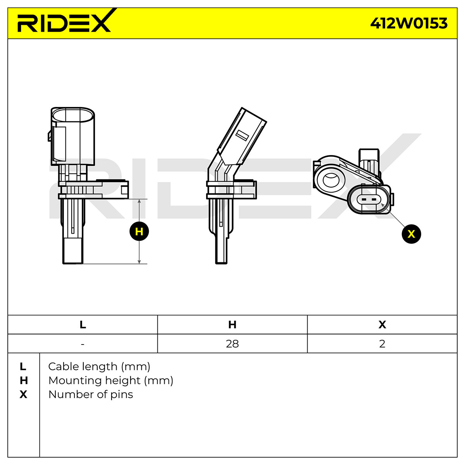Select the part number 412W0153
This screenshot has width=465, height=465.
tap(409, 23)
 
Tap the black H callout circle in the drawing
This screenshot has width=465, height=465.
tap(139, 231)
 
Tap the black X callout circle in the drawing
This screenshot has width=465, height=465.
tap(412, 234)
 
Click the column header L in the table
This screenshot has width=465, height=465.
tap(83, 325)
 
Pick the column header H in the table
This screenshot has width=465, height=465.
tap(232, 325)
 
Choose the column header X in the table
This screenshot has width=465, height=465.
tap(382, 325)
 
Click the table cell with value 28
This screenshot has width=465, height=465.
tap(232, 344)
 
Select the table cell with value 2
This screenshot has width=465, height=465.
tap(382, 344)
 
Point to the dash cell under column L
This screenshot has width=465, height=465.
tap(83, 344)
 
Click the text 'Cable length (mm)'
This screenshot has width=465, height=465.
tap(99, 367)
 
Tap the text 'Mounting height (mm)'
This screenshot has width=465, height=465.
tap(111, 381)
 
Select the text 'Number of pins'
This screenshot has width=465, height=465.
tap(91, 394)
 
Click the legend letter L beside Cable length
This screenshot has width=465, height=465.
tap(23, 367)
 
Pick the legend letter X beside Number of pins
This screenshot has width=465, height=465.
tap(23, 394)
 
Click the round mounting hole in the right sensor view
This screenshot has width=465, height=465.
tap(331, 180)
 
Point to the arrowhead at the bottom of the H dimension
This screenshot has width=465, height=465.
tap(139, 262)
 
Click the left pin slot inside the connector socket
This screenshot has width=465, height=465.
tap(363, 200)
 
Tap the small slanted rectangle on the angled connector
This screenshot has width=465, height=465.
tap(242, 135)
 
